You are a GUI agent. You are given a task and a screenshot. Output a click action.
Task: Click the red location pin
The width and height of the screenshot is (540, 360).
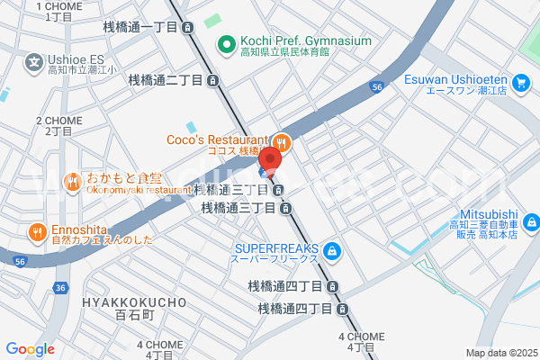[270, 159]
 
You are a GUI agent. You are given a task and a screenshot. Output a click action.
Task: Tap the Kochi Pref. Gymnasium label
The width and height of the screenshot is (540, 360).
[305, 41]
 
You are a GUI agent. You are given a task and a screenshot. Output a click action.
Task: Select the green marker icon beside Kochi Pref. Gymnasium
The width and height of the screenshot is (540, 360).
[226, 41]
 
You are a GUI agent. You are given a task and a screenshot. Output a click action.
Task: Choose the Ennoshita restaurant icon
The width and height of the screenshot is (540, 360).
[36, 231]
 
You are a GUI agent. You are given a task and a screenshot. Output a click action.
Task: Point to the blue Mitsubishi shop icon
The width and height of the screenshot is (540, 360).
[530, 220]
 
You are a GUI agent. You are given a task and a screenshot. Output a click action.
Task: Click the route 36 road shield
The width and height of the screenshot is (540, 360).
[60, 288]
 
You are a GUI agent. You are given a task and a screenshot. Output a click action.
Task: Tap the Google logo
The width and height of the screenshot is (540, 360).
[30, 349]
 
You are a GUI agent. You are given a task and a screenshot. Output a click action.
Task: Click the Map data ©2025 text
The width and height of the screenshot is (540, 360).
[500, 353]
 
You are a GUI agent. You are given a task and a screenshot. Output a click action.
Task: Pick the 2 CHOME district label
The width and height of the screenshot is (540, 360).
[58, 120]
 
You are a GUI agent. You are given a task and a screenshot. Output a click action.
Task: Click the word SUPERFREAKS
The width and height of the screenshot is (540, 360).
[276, 247]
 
